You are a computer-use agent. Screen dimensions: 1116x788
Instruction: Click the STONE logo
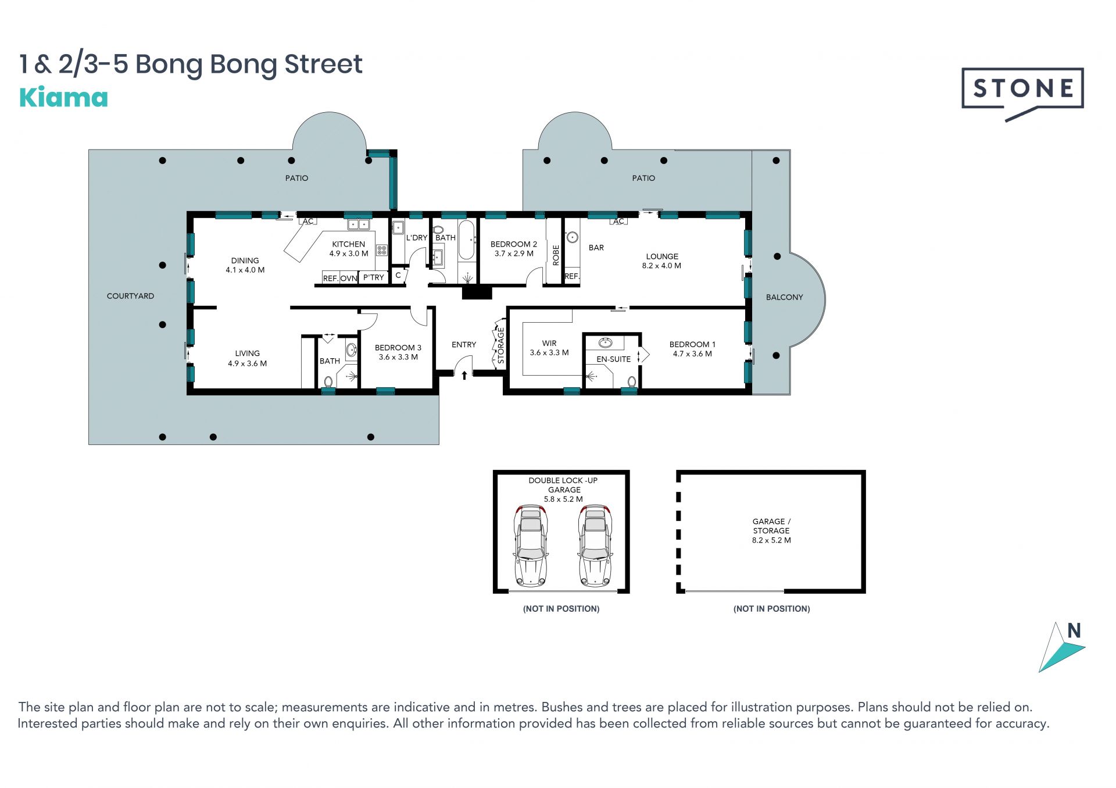pyautogui.click(x=1022, y=93)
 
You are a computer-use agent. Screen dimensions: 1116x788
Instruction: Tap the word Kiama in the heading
pyautogui.click(x=64, y=98)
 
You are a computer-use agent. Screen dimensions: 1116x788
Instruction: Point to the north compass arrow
pyautogui.click(x=1061, y=647)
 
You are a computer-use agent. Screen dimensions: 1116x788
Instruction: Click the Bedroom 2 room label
pyautogui.click(x=514, y=249)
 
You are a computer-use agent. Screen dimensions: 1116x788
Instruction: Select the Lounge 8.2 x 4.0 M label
pyautogui.click(x=662, y=261)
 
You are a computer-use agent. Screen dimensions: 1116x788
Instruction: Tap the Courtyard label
pyautogui.click(x=130, y=296)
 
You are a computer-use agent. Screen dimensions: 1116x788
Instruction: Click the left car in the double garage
pyautogui.click(x=531, y=545)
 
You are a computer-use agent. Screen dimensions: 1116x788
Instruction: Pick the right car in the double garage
pyautogui.click(x=595, y=545)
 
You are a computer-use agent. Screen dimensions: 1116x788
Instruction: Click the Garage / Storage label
pyautogui.click(x=771, y=531)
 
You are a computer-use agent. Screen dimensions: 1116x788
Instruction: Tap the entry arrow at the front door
pyautogui.click(x=464, y=376)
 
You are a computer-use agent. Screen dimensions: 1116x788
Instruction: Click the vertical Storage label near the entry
pyautogui.click(x=501, y=345)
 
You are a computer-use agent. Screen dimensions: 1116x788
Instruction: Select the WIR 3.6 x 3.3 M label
pyautogui.click(x=549, y=348)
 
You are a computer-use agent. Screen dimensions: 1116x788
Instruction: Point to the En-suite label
pyautogui.click(x=613, y=359)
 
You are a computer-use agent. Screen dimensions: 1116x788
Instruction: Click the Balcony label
pyautogui.click(x=784, y=297)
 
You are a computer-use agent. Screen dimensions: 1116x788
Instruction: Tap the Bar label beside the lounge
pyautogui.click(x=596, y=248)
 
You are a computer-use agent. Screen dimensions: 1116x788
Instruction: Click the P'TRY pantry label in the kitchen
pyautogui.click(x=374, y=277)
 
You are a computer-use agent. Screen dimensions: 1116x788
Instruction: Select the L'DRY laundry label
pyautogui.click(x=417, y=238)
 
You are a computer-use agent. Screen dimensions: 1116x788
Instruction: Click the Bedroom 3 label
pyautogui.click(x=398, y=352)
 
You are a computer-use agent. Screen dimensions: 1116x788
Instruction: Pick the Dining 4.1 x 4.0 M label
pyautogui.click(x=245, y=265)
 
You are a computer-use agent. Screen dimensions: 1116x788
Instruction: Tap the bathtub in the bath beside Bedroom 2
pyautogui.click(x=467, y=240)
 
